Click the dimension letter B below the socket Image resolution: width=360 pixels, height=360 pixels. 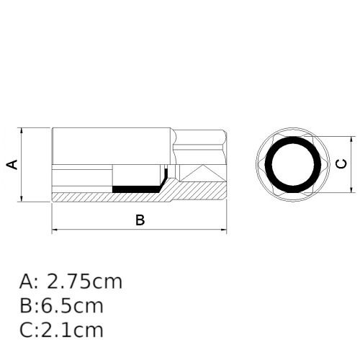(x=140, y=220)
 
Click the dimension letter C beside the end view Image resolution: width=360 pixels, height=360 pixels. (x=342, y=164)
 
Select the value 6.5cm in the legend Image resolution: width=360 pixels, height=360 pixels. (x=71, y=306)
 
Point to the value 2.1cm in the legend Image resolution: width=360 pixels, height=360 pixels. (x=71, y=330)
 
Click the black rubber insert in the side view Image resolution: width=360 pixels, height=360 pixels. (x=137, y=189)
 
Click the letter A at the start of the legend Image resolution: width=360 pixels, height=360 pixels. (x=26, y=282)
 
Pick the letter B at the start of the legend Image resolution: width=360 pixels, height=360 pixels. (x=26, y=306)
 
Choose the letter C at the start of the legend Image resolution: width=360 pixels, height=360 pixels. (x=26, y=330)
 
